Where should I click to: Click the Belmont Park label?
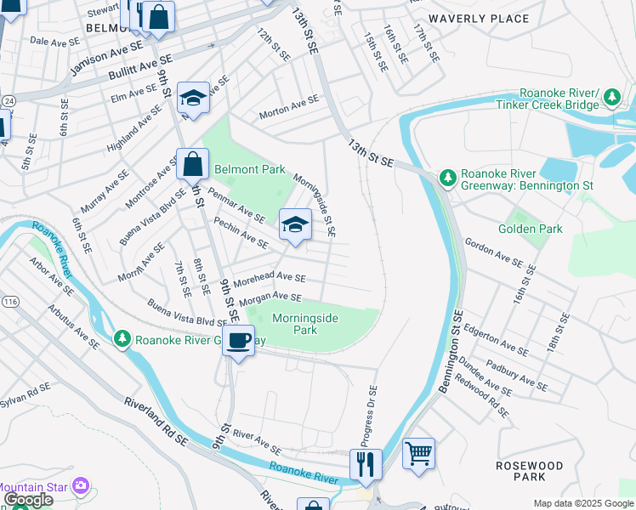point(249,169)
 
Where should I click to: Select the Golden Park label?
point(531,229)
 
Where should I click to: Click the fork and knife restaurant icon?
point(366,464)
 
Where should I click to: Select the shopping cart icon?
point(418,453)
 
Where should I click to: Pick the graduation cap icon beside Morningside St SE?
point(295,225)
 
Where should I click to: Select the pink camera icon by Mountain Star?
point(82,486)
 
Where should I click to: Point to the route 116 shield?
point(9,302)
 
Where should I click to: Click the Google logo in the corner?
point(28,499)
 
